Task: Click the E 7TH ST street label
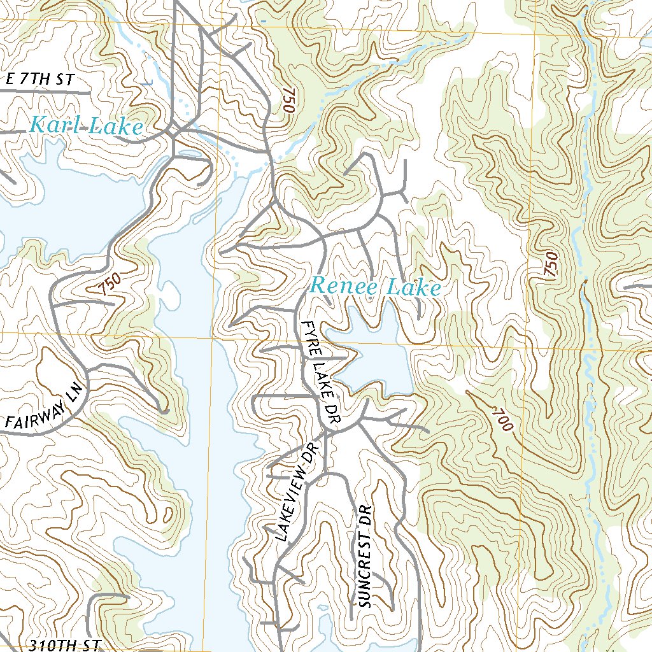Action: tap(39, 80)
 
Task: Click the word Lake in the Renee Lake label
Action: tap(414, 288)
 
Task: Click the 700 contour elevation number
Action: tap(501, 421)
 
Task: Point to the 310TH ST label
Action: tap(64, 644)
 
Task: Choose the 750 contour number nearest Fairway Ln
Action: tap(110, 284)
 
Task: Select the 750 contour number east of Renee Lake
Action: tap(551, 264)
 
